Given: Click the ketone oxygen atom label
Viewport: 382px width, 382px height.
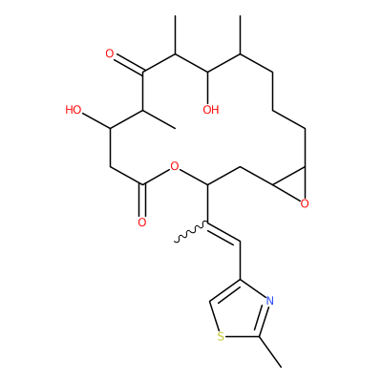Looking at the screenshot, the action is coord(110,53).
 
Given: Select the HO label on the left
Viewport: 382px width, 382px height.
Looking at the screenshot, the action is coord(74,110).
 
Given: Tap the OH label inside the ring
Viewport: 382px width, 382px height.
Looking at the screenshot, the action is coord(211,110).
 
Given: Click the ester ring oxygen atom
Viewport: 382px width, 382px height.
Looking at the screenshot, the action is coord(175,166).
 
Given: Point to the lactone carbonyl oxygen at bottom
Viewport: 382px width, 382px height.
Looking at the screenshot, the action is coord(142,223).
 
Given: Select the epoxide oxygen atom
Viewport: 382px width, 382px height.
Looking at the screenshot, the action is coord(305,203).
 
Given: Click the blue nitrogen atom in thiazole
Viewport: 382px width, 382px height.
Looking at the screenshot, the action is coord(269,301).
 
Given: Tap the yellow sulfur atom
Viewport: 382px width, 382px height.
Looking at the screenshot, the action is coord(221,336).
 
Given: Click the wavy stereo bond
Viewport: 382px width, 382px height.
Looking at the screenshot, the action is coord(191,232).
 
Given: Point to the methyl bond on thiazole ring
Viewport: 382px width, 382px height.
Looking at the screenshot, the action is coord(270,351).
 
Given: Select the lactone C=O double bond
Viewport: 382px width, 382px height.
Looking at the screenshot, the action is coord(142,200).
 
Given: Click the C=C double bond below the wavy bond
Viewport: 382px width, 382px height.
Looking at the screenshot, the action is coord(223,232).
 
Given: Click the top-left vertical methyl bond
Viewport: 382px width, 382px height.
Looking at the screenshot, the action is coord(175,35).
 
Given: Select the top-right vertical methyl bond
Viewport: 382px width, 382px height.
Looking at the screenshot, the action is coord(240,35).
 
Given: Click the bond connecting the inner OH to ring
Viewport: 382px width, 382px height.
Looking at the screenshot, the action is coord(207,88).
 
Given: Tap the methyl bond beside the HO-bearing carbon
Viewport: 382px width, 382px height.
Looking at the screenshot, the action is coord(159,119).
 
